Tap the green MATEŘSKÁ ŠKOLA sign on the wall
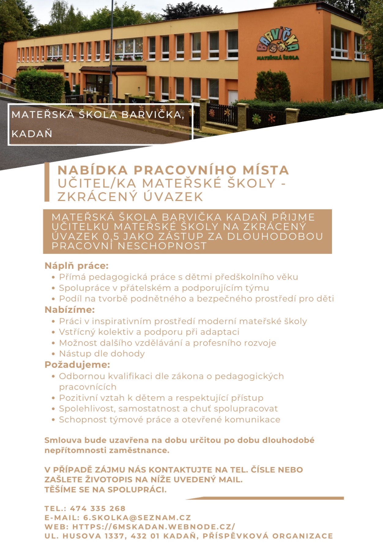tap(278, 57)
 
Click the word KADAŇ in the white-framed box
tap(32, 134)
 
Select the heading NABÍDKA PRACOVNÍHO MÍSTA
tap(173, 170)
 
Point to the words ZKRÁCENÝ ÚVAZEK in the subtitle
tap(130, 197)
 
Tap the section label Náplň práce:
tap(76, 266)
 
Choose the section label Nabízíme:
tap(70, 310)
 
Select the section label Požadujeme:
tap(77, 365)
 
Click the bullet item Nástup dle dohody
tap(102, 354)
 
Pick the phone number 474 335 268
tap(98, 508)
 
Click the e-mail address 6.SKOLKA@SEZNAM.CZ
tap(137, 517)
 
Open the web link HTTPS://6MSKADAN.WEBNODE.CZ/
tap(154, 527)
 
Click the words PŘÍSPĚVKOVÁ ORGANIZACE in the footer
tap(268, 536)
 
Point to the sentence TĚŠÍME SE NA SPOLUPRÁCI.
tap(106, 490)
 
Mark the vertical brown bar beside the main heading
tap(47, 182)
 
